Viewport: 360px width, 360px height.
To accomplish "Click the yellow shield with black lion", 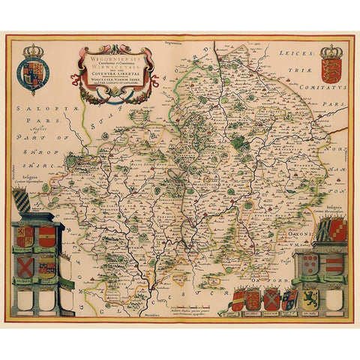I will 310,298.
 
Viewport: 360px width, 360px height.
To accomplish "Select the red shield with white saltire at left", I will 25,265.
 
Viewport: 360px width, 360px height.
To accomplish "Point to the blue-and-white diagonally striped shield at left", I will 23,203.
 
